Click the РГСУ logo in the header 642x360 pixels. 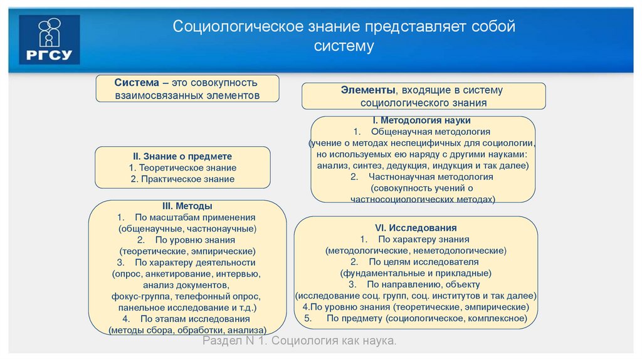pos(50,40)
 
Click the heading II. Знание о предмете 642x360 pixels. pos(182,156)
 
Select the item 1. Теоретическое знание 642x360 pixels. pos(182,167)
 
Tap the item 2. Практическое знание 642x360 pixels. pos(182,179)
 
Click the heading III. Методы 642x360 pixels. pos(187,206)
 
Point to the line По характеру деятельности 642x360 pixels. pos(194,262)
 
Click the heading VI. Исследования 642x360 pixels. pos(415,228)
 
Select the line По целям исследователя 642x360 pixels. pos(423,262)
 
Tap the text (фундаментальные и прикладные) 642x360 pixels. pos(415,273)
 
